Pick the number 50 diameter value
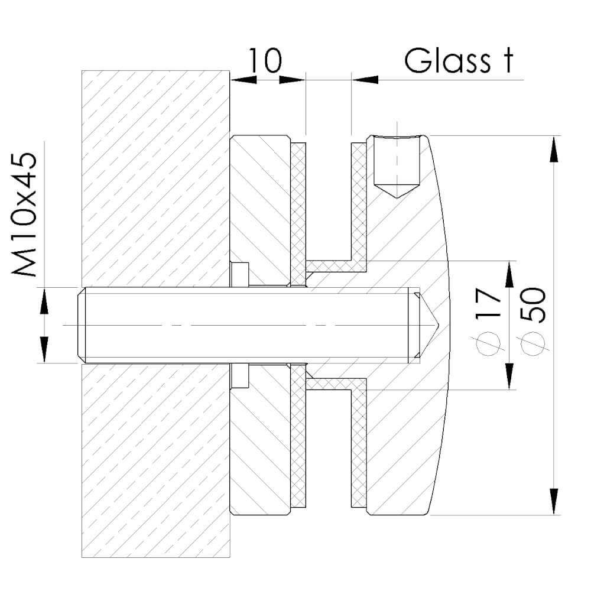(532, 305)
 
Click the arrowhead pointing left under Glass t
(365, 79)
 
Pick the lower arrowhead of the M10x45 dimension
(43, 350)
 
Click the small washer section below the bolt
(239, 376)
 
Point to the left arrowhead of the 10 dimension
(243, 79)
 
